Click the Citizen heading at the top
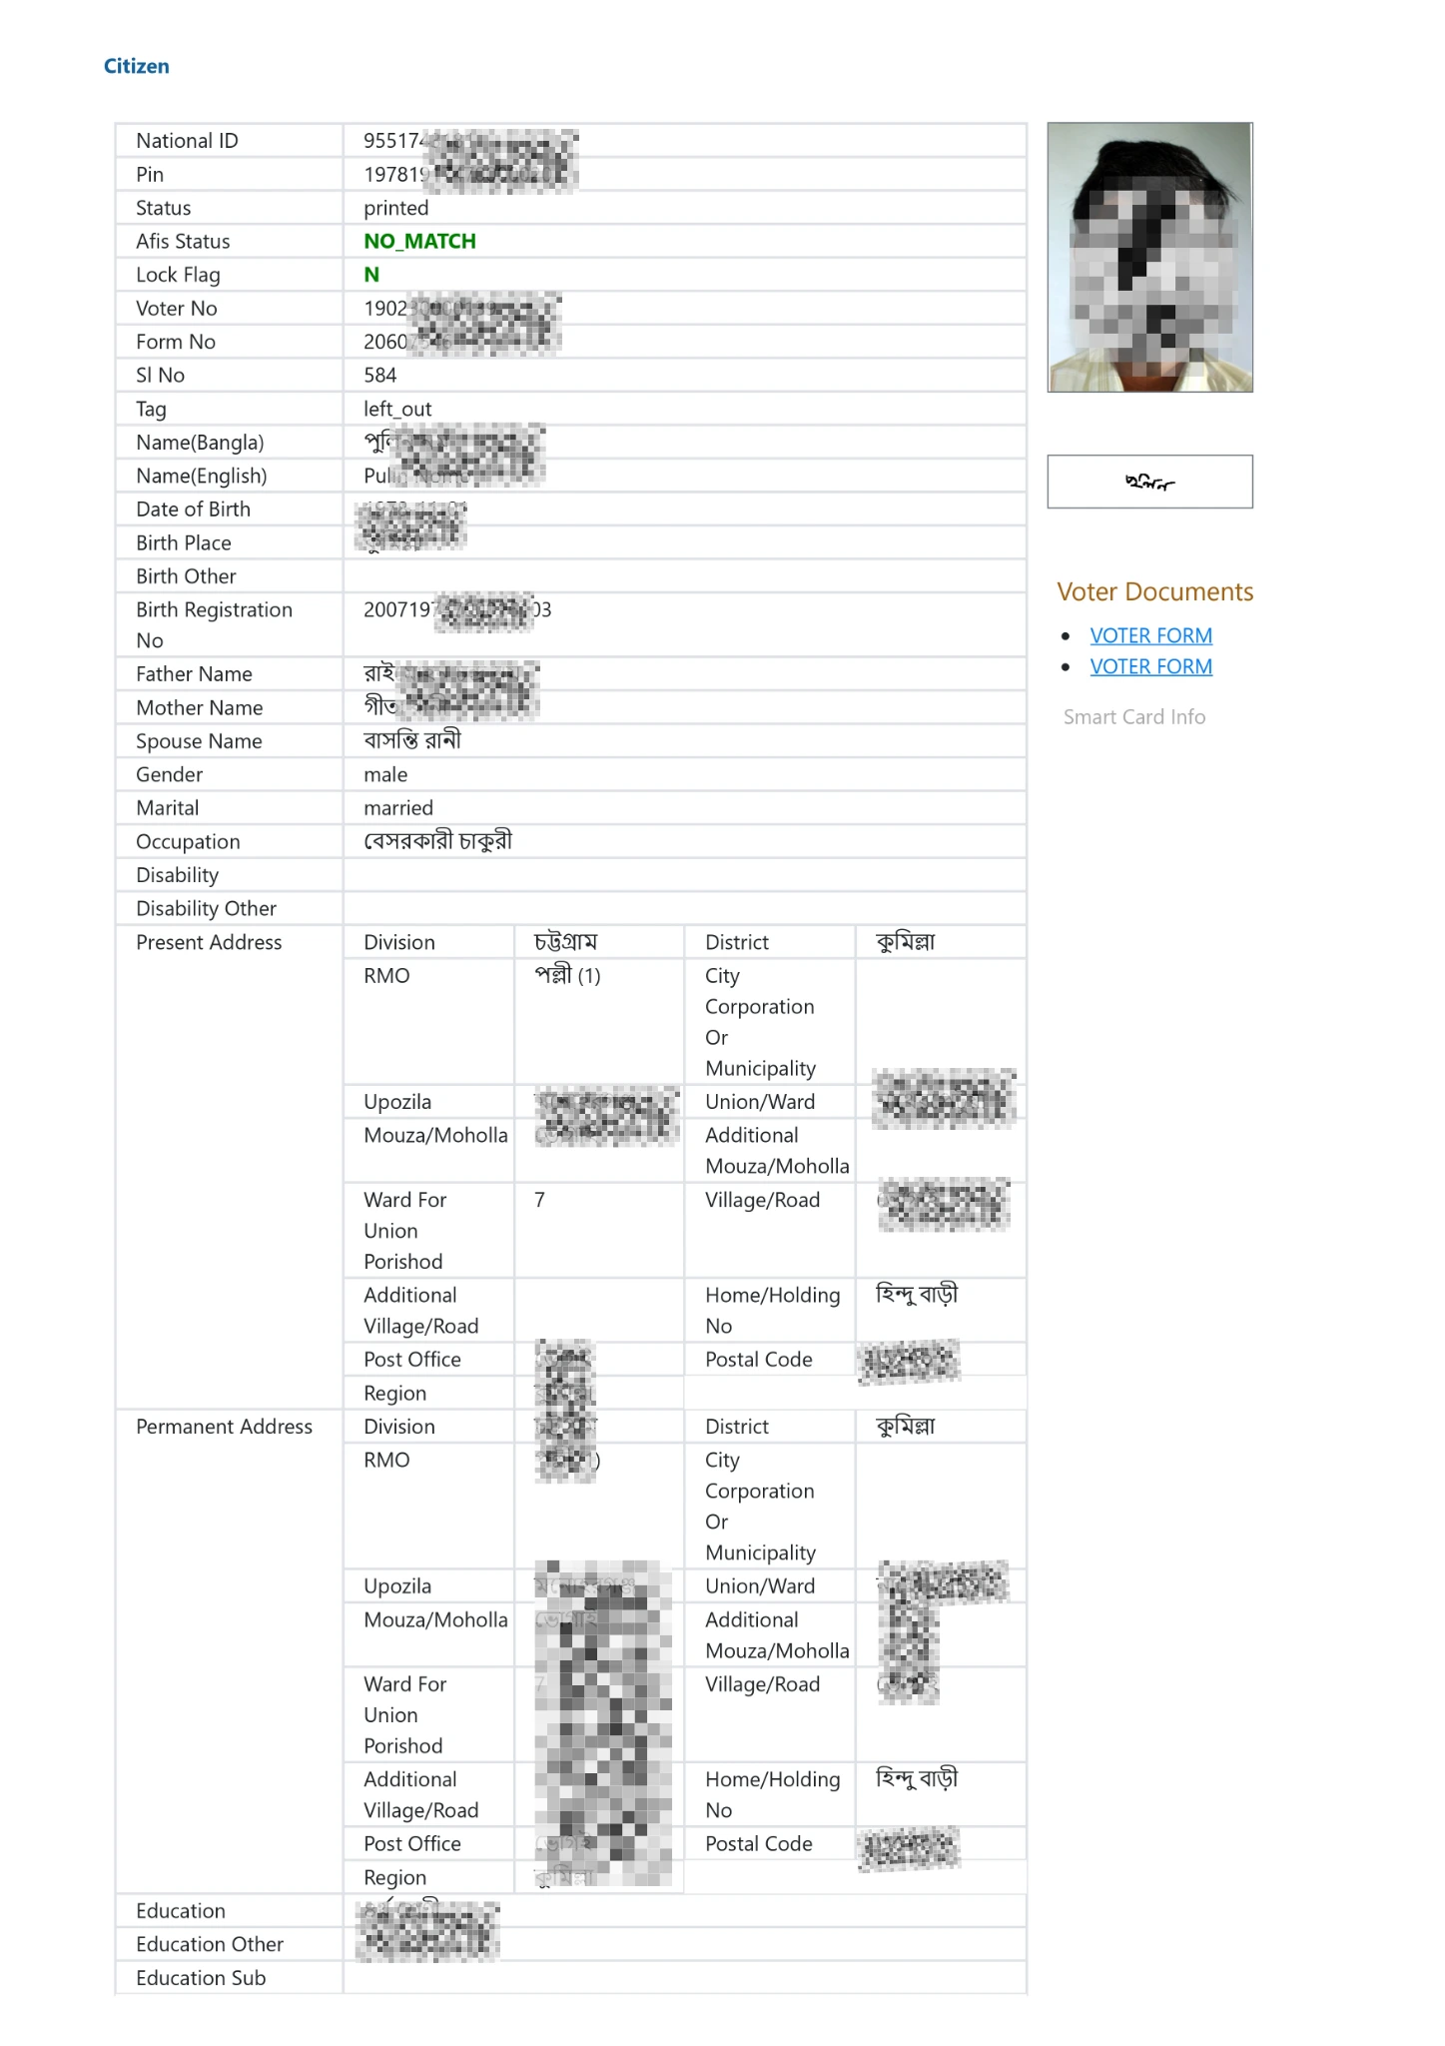[136, 66]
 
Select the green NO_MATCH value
[419, 241]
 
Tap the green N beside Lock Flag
[371, 275]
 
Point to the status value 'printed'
[395, 208]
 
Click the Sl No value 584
[379, 375]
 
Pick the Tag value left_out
[397, 409]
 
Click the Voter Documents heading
[1154, 591]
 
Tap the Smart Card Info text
[1133, 716]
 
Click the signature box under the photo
[1149, 482]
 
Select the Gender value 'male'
[385, 774]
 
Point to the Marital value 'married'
[398, 807]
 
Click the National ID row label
[187, 141]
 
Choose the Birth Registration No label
[214, 624]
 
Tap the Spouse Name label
[199, 741]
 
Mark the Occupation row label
[188, 841]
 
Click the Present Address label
[209, 942]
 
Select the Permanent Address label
[224, 1427]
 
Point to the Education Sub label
[201, 1978]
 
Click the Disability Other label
[206, 908]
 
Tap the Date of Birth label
[193, 510]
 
